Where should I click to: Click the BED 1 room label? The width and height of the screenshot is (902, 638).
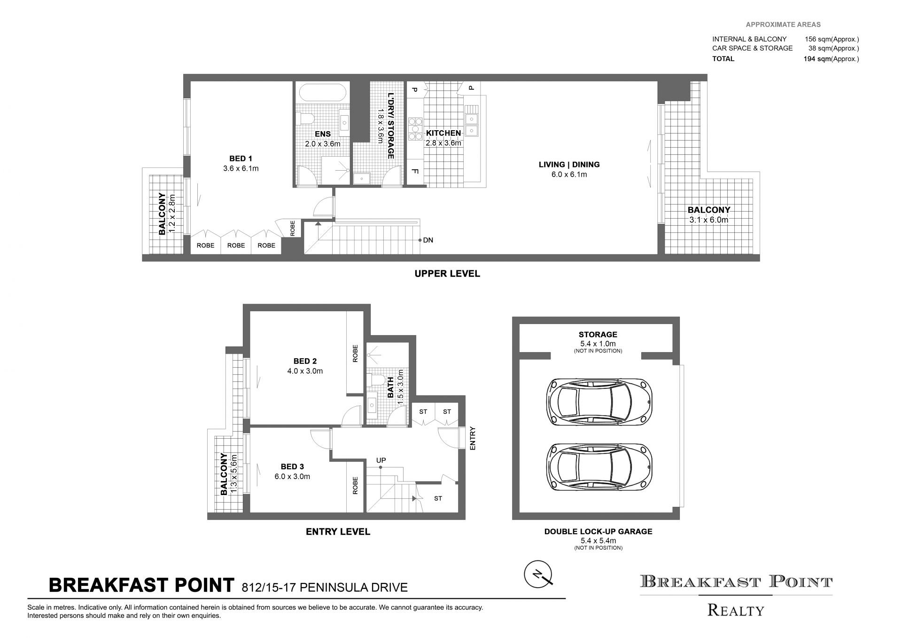point(241,159)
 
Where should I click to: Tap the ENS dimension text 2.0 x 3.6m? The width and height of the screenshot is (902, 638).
point(323,144)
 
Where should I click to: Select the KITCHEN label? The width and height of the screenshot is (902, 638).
point(443,133)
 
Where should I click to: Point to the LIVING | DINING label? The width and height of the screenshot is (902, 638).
point(569,165)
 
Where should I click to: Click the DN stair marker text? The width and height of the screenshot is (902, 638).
point(428,240)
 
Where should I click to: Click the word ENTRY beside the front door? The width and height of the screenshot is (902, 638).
point(473,438)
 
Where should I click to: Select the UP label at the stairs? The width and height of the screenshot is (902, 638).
point(381,460)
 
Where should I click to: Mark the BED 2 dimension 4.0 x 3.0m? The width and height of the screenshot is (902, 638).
point(305,371)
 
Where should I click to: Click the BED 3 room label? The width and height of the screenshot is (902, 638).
point(292,467)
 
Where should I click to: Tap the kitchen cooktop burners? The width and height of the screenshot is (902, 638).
point(416,129)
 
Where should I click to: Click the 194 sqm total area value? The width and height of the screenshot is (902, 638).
point(817,59)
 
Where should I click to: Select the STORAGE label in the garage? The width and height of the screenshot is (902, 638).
point(598,335)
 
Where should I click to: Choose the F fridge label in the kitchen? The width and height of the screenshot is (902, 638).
point(415,171)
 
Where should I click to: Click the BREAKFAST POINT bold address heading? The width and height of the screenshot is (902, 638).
point(141,585)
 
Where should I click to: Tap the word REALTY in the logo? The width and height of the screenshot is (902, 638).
point(736,610)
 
